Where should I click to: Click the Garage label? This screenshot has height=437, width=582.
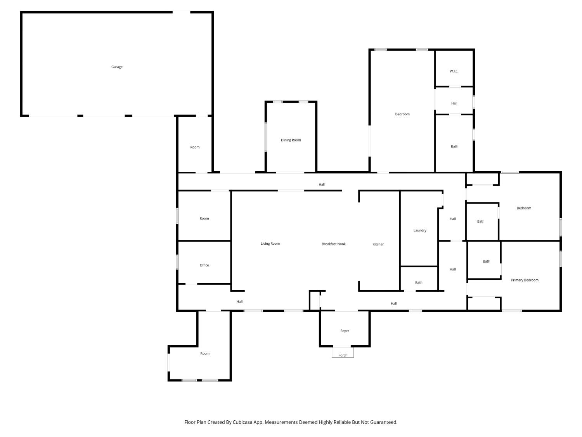click(x=117, y=67)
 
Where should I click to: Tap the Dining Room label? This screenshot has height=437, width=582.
click(x=291, y=140)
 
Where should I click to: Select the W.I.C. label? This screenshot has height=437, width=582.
click(x=454, y=71)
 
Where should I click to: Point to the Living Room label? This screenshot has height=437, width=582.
click(x=270, y=244)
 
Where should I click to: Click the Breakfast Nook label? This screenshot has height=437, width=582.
click(x=333, y=244)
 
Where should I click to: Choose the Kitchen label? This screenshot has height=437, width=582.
click(x=378, y=244)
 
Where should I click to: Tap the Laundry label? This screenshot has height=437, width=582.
click(x=419, y=230)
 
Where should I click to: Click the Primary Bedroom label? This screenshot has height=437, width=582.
click(x=524, y=280)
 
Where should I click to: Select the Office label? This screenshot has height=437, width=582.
click(x=204, y=265)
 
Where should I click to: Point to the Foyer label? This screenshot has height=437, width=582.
click(x=344, y=331)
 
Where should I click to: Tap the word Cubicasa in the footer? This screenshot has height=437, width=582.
click(x=242, y=422)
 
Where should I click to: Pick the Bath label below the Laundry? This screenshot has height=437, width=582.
click(x=418, y=282)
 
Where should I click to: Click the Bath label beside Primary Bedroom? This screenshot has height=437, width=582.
click(x=486, y=261)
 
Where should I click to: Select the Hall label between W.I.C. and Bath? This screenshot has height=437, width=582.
click(x=454, y=103)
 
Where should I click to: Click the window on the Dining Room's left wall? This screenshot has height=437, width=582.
click(x=266, y=137)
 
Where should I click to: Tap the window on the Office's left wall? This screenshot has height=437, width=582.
click(x=177, y=262)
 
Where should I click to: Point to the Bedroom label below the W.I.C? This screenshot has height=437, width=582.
click(x=402, y=114)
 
